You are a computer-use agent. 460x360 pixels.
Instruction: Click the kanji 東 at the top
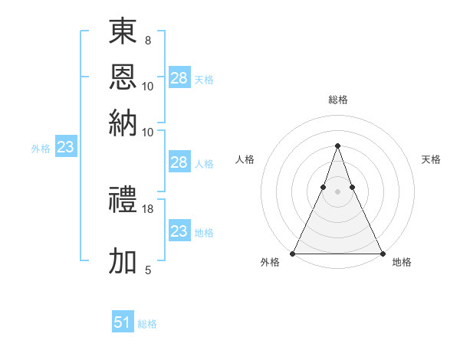click(123, 32)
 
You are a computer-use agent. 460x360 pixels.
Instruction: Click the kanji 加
click(123, 261)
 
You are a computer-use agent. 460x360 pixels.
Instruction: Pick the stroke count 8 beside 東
click(148, 40)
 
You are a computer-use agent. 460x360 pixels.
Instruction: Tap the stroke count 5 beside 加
click(148, 270)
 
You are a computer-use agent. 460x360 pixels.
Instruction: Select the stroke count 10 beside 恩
click(148, 86)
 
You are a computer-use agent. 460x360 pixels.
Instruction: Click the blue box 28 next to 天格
click(179, 78)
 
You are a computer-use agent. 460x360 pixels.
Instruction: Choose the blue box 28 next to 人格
click(179, 162)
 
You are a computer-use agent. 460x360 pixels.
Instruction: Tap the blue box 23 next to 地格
click(179, 231)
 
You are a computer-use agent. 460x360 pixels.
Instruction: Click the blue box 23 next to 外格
click(65, 148)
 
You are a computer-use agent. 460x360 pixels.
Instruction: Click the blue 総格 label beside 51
click(147, 324)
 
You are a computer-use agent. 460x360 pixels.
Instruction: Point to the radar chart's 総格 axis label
click(337, 100)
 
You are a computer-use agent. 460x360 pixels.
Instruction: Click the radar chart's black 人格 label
click(245, 159)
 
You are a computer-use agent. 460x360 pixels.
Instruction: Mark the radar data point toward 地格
click(382, 253)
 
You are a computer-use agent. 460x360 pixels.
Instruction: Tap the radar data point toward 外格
click(293, 253)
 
